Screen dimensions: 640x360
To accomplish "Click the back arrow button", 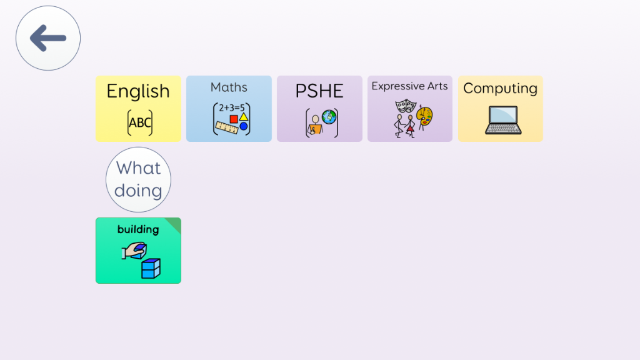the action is point(48,38).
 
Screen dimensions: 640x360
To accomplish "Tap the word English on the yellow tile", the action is point(138,91).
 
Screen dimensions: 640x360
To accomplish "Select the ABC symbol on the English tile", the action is point(140,122).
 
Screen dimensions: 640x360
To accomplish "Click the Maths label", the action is point(229,87).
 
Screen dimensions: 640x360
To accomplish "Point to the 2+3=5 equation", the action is point(232,107).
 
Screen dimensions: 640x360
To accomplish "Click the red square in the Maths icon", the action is point(234,119).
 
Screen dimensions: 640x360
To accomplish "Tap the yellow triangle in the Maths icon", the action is point(244,117).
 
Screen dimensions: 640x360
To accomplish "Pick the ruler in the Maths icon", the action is point(227,127).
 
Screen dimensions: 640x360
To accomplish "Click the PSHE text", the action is point(319,91).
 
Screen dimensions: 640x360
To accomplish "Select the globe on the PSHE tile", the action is point(329,117).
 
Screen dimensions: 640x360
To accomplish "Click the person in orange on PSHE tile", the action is point(315,125).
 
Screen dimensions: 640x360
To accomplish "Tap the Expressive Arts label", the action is point(409,86).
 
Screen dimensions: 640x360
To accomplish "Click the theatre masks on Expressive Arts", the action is point(405,106).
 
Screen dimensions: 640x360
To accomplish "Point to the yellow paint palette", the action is point(424,116).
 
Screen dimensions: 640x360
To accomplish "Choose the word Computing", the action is point(501,89).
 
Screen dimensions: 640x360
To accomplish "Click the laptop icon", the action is point(503,120).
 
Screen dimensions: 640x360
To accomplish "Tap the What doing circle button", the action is point(138,179).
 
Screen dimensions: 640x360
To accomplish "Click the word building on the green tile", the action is point(138,229).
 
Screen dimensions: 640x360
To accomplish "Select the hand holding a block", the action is point(134,251).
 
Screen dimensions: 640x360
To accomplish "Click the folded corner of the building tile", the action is point(175,223).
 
